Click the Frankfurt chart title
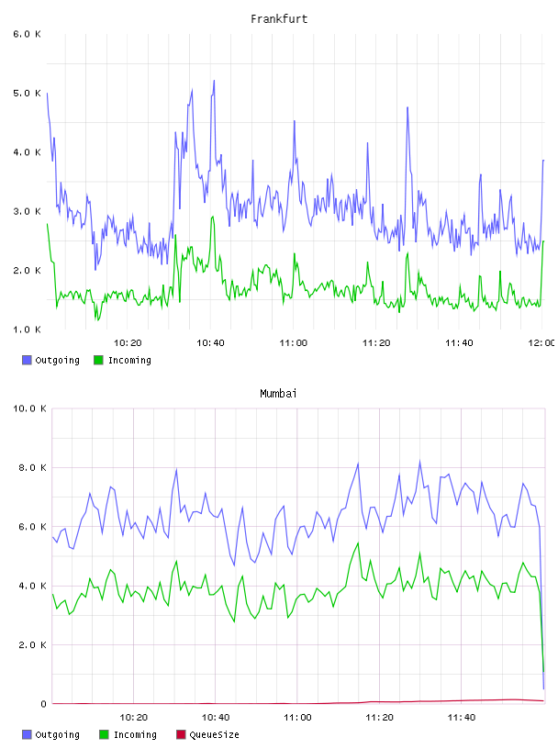click(x=279, y=19)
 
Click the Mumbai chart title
click(x=278, y=394)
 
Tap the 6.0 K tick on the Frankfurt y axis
click(x=27, y=34)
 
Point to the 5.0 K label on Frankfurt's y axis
click(x=27, y=93)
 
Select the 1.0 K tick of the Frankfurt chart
click(x=27, y=330)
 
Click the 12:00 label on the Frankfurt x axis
click(x=541, y=343)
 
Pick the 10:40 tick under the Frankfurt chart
click(x=210, y=343)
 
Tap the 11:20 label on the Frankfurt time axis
click(x=376, y=343)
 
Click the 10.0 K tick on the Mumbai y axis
click(x=29, y=408)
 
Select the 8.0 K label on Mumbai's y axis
click(x=32, y=467)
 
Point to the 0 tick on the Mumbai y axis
click(x=43, y=704)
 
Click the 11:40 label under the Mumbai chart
click(x=462, y=718)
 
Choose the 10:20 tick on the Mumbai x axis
click(x=133, y=718)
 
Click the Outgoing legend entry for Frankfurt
click(x=50, y=360)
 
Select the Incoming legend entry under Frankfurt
click(x=122, y=360)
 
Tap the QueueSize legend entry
click(x=207, y=734)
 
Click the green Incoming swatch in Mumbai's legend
click(x=104, y=734)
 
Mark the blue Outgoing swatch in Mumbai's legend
click(x=27, y=734)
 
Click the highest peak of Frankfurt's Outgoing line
click(x=214, y=80)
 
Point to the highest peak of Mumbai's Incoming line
click(x=358, y=543)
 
